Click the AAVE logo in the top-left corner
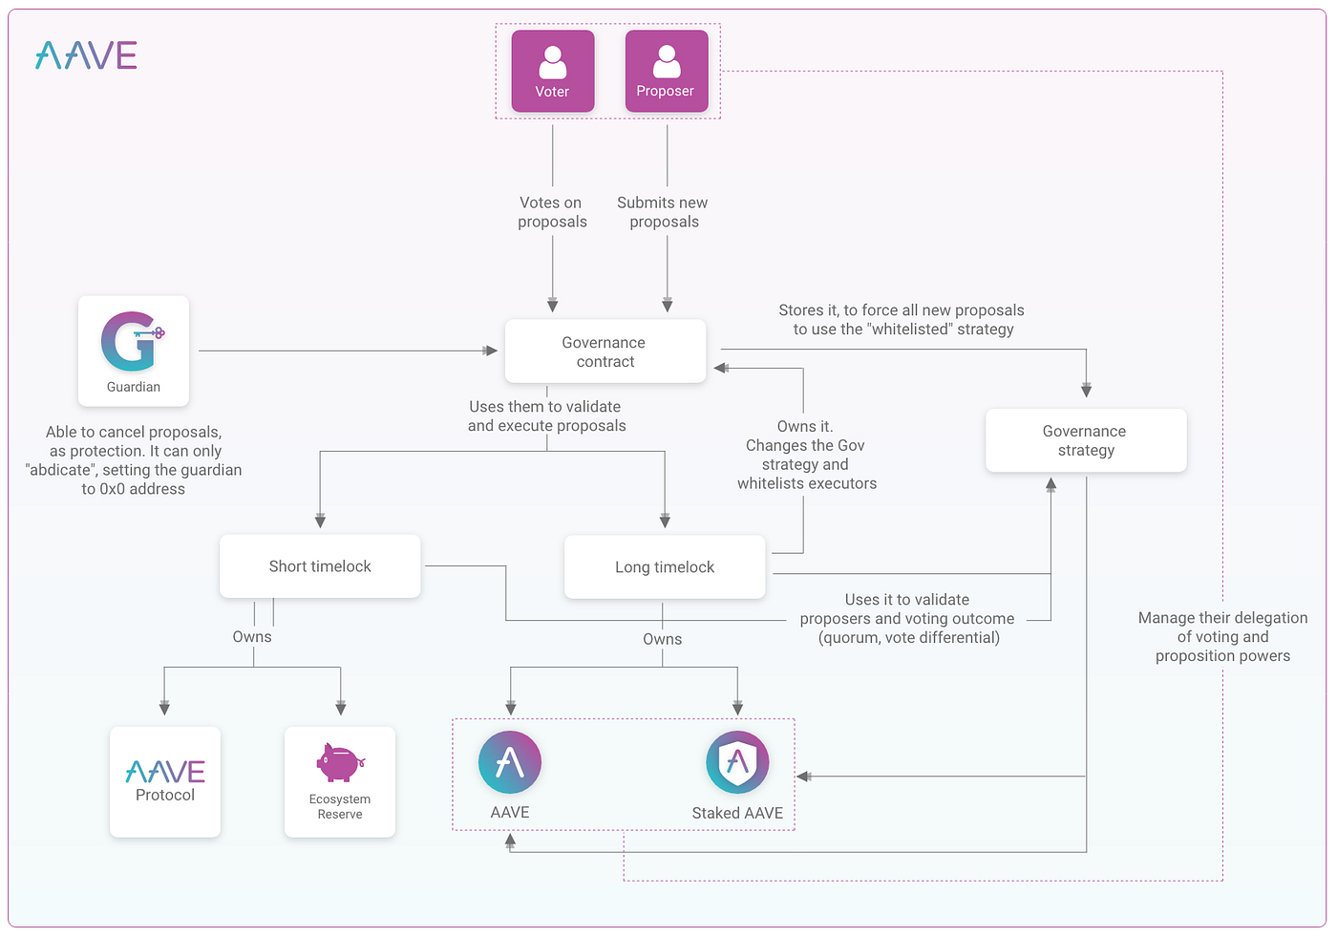click(x=86, y=56)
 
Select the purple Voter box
click(x=553, y=72)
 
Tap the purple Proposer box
click(x=667, y=72)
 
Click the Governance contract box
click(x=605, y=351)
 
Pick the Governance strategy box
click(x=1085, y=440)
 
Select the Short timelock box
click(x=320, y=566)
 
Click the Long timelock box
click(x=665, y=567)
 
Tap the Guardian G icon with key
click(x=132, y=342)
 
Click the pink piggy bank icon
click(x=339, y=763)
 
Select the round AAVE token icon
click(x=510, y=762)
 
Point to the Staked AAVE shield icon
click(x=737, y=762)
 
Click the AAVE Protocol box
click(x=165, y=781)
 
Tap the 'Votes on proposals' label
click(x=552, y=212)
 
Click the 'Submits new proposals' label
click(x=663, y=212)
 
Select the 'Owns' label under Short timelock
click(x=252, y=637)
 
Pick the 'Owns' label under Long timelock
click(x=662, y=639)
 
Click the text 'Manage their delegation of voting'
click(x=1222, y=628)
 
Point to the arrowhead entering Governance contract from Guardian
click(x=492, y=351)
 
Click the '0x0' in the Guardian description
click(x=112, y=489)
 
